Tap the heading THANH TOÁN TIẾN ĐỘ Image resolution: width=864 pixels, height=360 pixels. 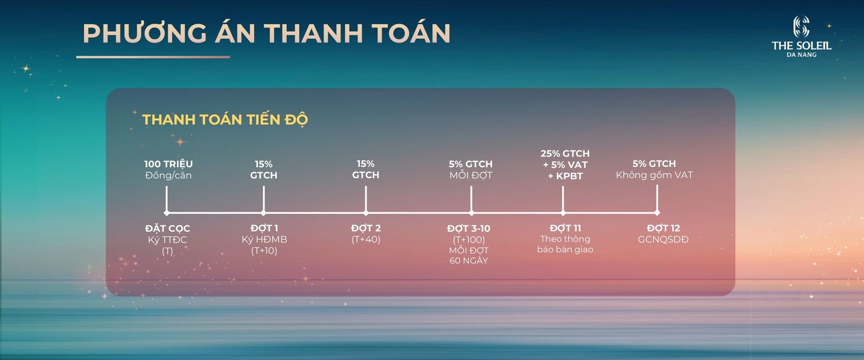[x=225, y=119]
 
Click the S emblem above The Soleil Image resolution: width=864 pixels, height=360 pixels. [x=801, y=26]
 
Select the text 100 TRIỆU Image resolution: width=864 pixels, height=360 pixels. [x=168, y=164]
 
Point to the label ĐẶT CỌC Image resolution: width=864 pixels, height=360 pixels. [x=167, y=228]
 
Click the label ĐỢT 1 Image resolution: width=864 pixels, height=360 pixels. [x=264, y=228]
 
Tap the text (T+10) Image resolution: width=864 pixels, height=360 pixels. [x=264, y=250]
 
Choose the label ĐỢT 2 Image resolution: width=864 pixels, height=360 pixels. [x=366, y=228]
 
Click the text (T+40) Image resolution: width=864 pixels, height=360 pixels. [x=366, y=239]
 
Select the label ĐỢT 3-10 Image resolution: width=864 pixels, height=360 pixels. [x=469, y=228]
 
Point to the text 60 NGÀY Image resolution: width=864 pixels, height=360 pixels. [x=469, y=261]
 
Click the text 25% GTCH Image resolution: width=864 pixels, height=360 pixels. [x=565, y=153]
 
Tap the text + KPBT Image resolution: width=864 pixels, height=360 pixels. [x=565, y=176]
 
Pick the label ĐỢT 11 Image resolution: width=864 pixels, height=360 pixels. [x=565, y=228]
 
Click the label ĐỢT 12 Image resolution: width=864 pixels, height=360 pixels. [x=663, y=228]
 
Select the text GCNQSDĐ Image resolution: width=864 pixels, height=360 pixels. [x=663, y=239]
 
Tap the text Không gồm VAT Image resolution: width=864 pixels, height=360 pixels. [x=654, y=175]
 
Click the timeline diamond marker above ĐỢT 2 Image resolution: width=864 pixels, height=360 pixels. [x=366, y=213]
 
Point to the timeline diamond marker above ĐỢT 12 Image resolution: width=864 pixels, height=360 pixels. [x=657, y=213]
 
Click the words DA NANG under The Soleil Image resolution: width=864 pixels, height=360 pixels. [x=801, y=55]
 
